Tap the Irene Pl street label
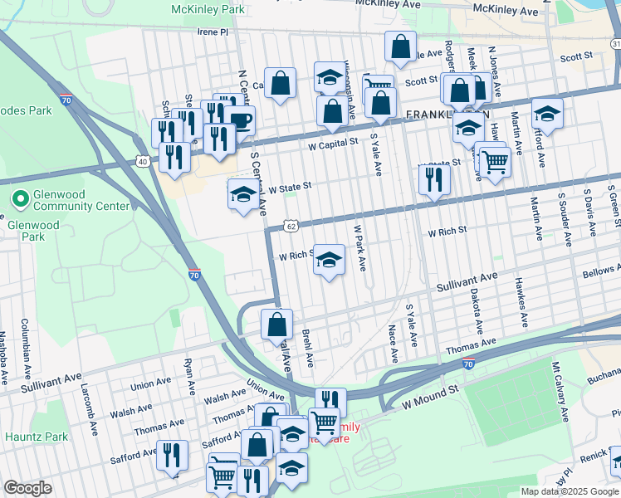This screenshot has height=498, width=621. pos(212,32)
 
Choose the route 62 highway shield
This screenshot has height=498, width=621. pos(290,225)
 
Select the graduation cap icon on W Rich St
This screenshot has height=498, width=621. pos(330,261)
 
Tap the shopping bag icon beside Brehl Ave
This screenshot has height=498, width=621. pos(276,325)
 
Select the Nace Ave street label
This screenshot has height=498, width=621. pos(393,344)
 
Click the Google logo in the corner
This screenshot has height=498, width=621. pos(27,488)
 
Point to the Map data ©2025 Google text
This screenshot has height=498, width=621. pos(569,491)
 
